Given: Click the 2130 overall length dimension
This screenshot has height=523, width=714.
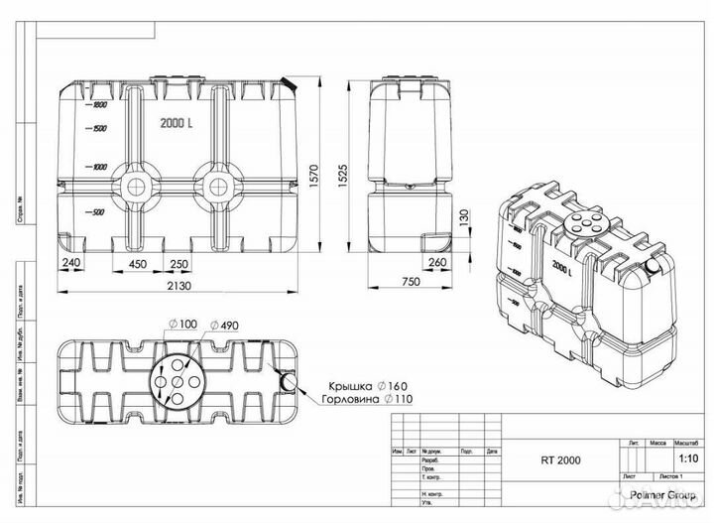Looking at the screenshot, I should [179, 285].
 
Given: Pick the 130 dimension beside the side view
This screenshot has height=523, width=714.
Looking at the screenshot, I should [463, 216].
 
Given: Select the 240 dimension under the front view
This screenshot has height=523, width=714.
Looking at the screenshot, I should [71, 264].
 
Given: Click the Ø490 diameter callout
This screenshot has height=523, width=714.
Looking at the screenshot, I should [221, 327].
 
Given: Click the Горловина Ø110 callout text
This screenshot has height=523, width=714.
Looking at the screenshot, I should [358, 400].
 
